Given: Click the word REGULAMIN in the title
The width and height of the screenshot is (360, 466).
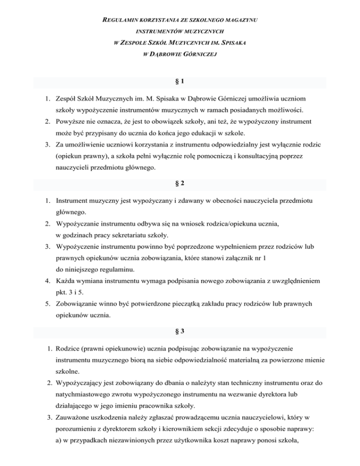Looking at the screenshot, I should pos(121,21).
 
